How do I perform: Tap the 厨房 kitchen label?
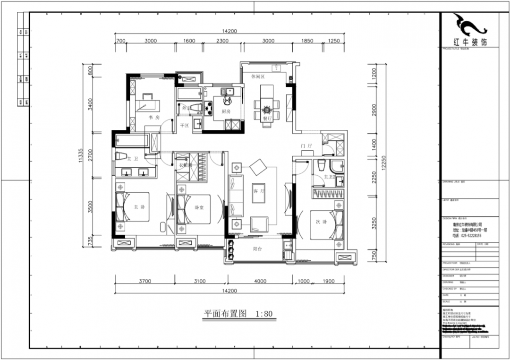coord(225,111)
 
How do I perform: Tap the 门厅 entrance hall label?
coord(306,146)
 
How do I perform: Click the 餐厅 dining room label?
coord(267,119)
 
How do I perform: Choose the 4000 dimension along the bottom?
coord(261,281)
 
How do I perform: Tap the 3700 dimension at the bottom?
coord(144,281)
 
